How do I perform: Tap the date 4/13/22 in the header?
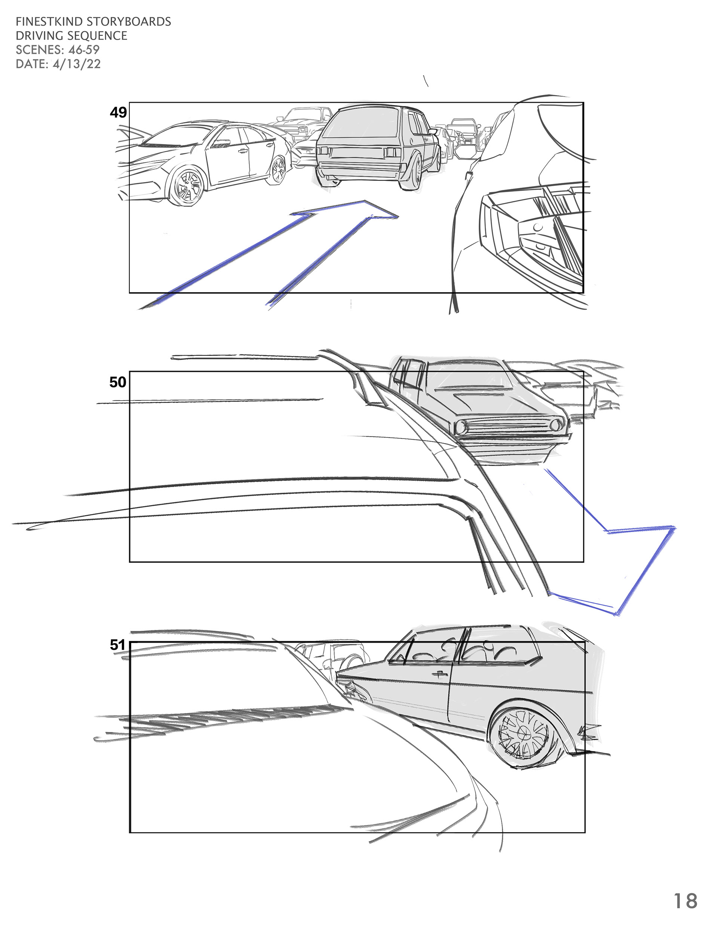tap(76, 64)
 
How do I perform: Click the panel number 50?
tap(118, 382)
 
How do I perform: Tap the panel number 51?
tap(117, 645)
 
